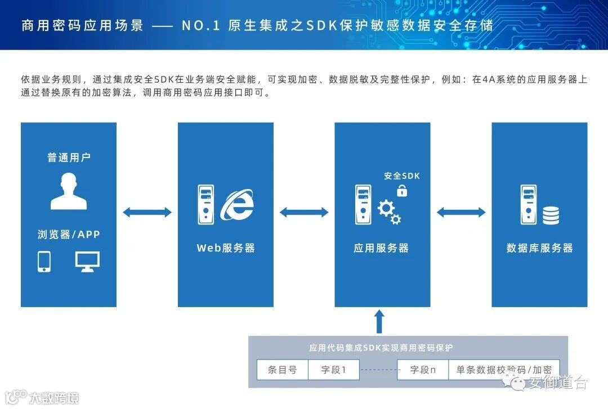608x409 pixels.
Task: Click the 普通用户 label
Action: pos(69,158)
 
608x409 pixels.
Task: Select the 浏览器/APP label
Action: pos(69,234)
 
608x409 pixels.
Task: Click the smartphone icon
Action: pos(44,262)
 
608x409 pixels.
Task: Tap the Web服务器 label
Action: pos(226,248)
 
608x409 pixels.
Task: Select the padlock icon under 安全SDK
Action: pos(402,191)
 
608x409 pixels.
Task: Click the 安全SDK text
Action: pos(402,176)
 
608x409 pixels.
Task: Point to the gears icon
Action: pos(389,212)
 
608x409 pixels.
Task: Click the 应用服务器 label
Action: pos(381,248)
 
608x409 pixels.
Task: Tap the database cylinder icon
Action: pos(551,215)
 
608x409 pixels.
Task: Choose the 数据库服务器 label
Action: pos(539,248)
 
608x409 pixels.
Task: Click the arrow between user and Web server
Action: pos(147,212)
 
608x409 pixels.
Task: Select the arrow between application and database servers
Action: pos(461,212)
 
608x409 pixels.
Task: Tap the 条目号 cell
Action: pos(282,370)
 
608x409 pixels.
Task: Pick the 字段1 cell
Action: pos(333,370)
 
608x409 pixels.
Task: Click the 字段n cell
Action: pos(423,370)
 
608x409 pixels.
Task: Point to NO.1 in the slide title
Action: pos(201,26)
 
